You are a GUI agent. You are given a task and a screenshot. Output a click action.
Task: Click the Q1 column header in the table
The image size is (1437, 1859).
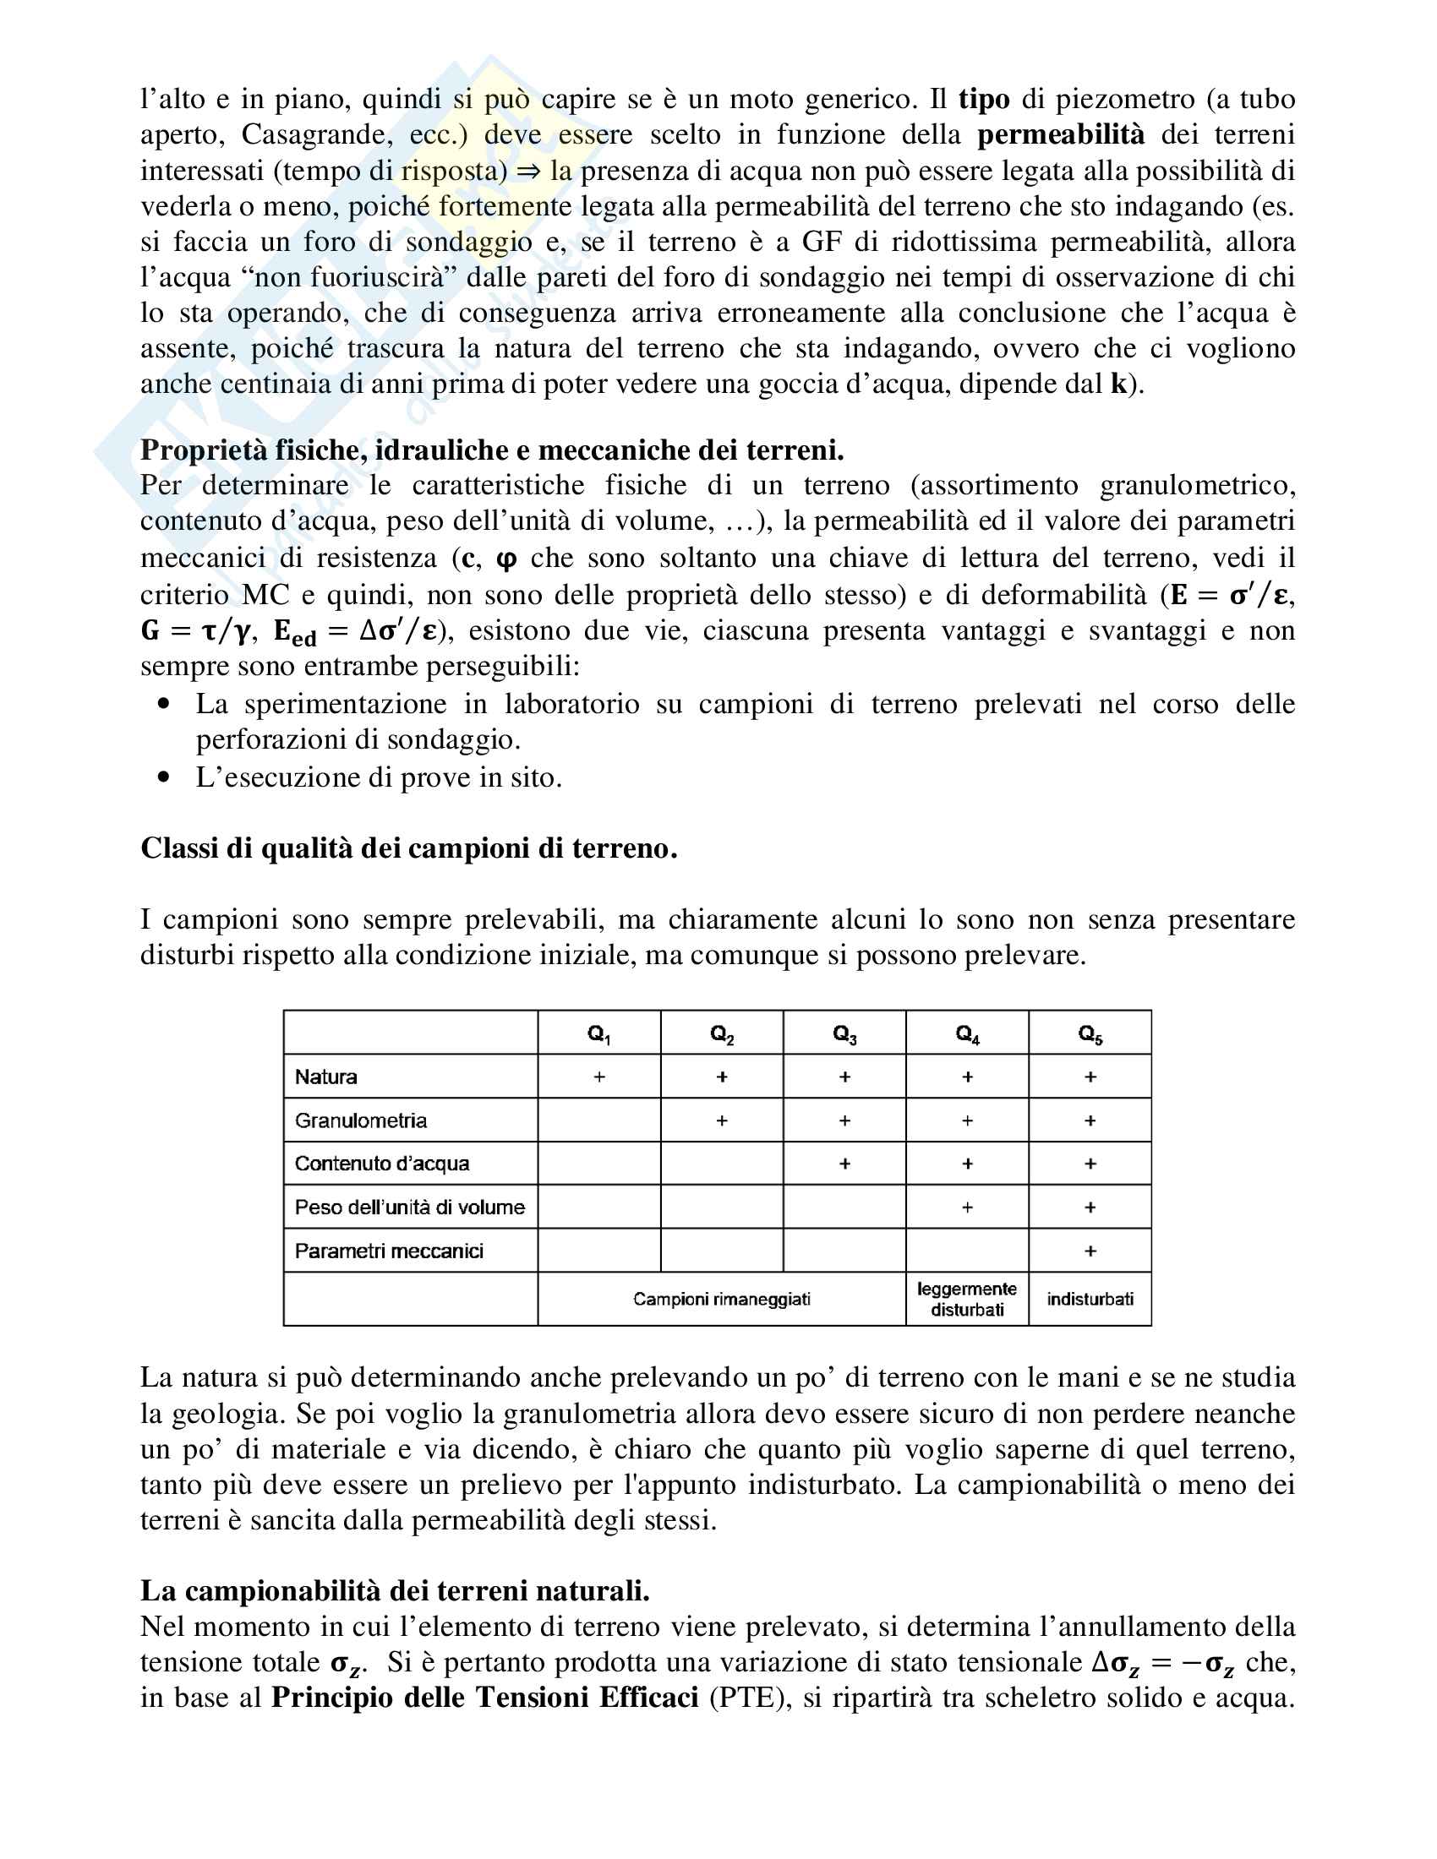tap(599, 1034)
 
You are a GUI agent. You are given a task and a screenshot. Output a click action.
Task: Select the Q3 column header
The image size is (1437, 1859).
tap(844, 1034)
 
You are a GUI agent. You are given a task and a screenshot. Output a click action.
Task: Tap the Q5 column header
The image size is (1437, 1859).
tap(1090, 1034)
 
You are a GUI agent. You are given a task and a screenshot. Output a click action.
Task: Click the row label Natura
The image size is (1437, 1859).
tap(326, 1077)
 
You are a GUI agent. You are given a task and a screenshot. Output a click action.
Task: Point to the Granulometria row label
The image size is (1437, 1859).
tap(361, 1120)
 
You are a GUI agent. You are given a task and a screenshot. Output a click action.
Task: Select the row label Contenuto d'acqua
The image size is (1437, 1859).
tap(382, 1164)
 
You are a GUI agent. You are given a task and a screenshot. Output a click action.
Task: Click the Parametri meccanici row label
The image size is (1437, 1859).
tap(389, 1251)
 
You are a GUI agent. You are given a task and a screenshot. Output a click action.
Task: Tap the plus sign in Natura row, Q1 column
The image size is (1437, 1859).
tap(599, 1077)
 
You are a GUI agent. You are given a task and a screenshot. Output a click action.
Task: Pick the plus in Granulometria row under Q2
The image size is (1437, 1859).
tap(722, 1121)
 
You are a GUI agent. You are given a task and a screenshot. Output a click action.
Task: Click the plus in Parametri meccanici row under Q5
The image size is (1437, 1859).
tap(1090, 1251)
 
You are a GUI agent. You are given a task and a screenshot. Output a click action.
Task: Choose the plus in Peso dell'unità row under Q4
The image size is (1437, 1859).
tap(967, 1208)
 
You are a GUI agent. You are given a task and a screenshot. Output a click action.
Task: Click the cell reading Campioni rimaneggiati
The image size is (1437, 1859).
tap(722, 1299)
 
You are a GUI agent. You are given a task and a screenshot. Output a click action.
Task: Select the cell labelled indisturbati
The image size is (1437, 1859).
tap(1090, 1299)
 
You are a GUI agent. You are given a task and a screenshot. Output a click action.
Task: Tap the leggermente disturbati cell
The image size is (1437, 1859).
tap(967, 1299)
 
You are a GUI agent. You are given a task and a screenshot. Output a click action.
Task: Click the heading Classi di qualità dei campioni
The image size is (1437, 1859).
tap(408, 848)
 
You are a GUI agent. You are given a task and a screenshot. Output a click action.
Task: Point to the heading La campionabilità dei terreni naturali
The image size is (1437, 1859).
tap(395, 1591)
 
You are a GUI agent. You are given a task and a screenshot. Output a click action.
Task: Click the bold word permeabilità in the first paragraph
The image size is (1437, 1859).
tap(1061, 134)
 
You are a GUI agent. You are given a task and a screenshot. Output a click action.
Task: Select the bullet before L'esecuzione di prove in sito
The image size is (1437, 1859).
tap(164, 777)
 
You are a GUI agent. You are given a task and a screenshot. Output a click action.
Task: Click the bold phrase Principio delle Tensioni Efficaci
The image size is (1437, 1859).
tap(484, 1698)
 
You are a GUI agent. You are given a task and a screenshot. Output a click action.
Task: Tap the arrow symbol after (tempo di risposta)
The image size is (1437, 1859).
tap(528, 171)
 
